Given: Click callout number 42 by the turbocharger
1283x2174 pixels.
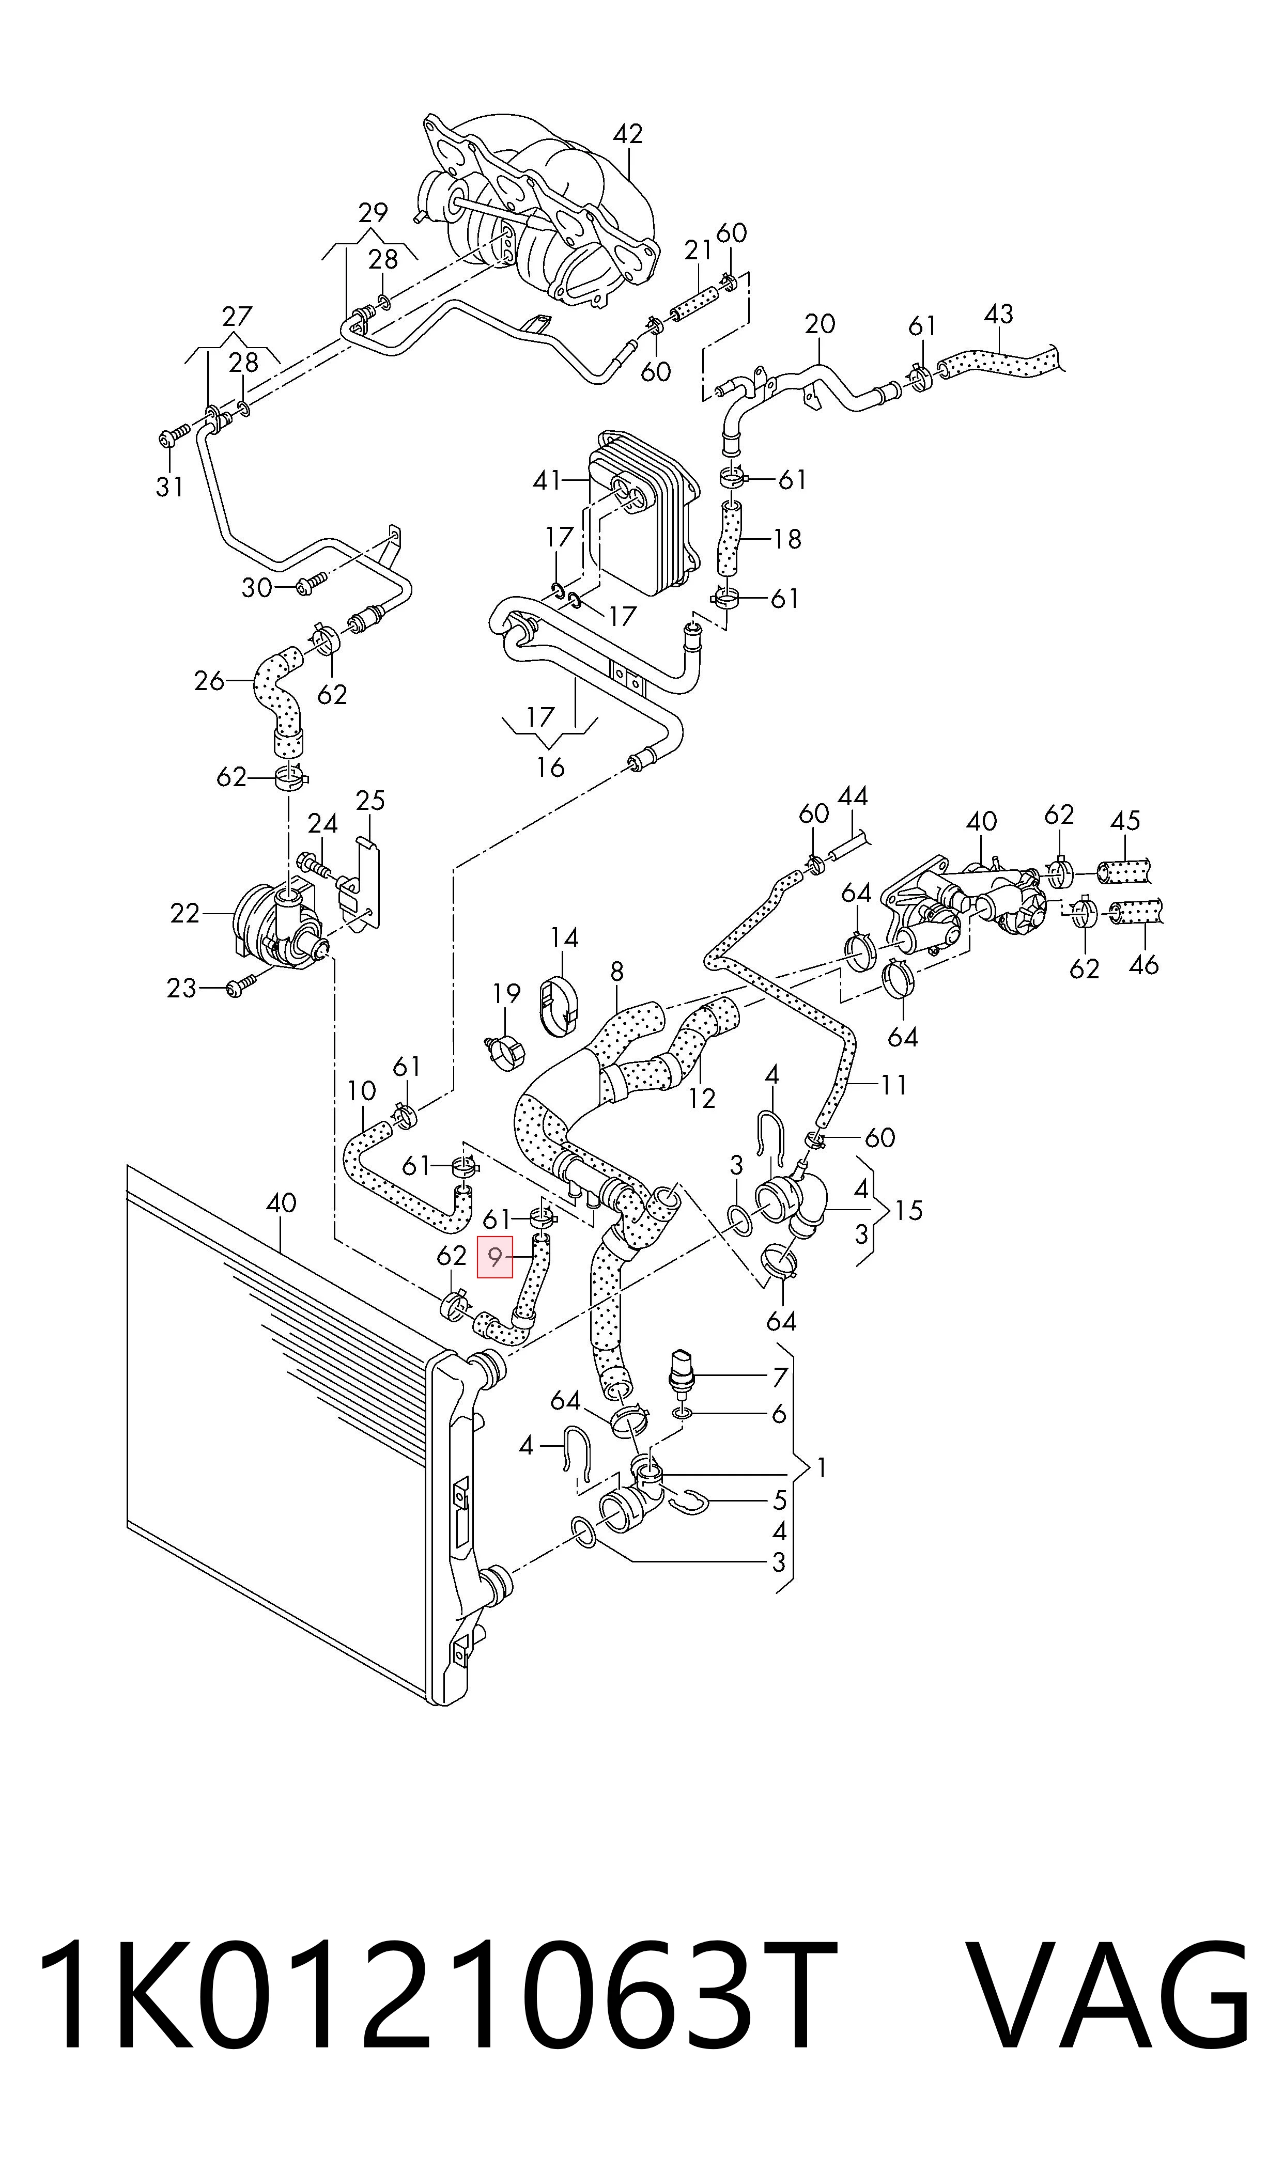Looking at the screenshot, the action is (x=628, y=134).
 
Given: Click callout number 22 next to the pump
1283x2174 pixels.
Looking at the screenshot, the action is (x=185, y=913).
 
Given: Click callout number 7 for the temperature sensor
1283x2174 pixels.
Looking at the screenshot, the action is (x=780, y=1377).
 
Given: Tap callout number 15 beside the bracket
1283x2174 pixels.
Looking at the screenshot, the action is (x=909, y=1211).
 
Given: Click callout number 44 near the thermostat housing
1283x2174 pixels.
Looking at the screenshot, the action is (x=853, y=796).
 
